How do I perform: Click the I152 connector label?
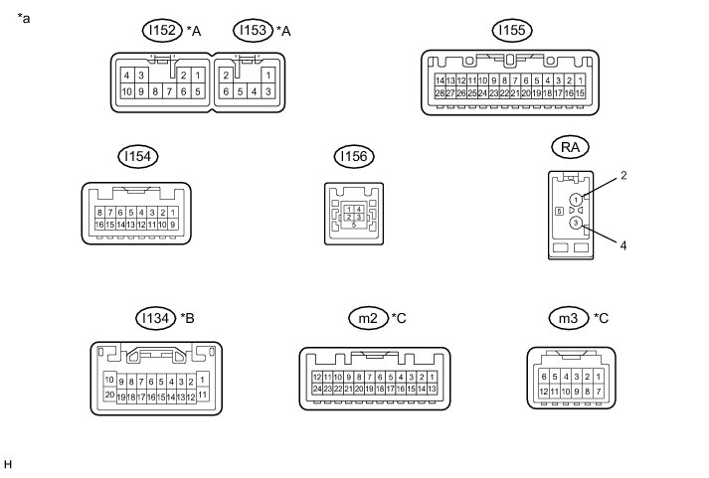point(162,32)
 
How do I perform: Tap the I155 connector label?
point(511,32)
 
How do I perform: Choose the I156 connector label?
point(352,157)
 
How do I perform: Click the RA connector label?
point(571,148)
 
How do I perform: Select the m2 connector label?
point(368,318)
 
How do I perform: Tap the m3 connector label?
point(568,318)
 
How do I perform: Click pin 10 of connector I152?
point(127,91)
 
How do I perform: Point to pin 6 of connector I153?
point(227,91)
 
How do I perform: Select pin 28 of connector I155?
point(440,92)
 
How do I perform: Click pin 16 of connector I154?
point(100,225)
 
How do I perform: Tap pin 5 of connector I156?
point(352,226)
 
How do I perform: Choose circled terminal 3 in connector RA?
point(577,224)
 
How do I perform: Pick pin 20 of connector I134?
point(109,394)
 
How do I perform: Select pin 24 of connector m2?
point(317,389)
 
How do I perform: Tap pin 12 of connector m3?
point(543,393)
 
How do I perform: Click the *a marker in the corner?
point(24,17)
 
